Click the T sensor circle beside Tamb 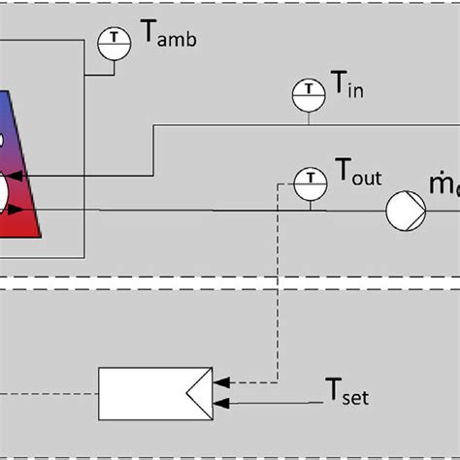tap(115, 40)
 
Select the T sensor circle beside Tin tap(309, 92)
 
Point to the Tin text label tap(350, 90)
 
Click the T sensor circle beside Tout tap(309, 181)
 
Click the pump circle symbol tap(402, 210)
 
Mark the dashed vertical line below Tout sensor tap(279, 291)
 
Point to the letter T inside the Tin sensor tap(309, 92)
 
